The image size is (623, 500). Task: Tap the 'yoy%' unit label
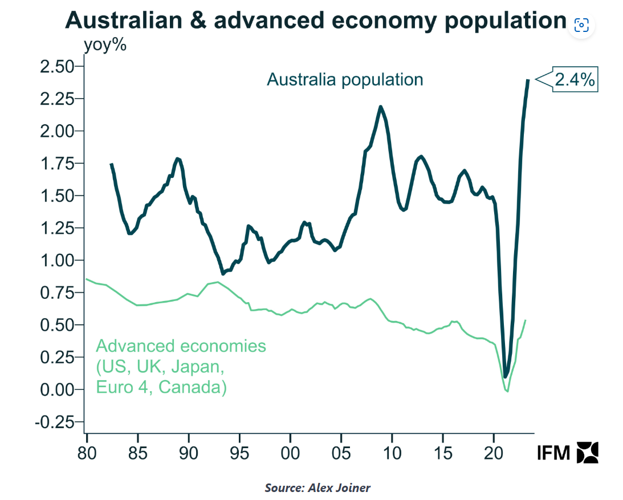(105, 45)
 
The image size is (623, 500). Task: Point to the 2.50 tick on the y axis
(58, 67)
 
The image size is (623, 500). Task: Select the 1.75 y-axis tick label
(58, 164)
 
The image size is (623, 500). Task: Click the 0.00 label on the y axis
(58, 390)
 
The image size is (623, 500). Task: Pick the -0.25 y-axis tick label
(56, 422)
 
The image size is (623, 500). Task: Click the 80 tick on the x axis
(87, 454)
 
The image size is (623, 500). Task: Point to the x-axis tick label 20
(494, 454)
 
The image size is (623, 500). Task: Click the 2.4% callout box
(575, 80)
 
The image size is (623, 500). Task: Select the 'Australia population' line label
(345, 79)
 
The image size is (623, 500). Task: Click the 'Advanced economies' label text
(181, 346)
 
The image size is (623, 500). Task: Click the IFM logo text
(553, 453)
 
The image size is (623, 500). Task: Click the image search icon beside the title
(581, 25)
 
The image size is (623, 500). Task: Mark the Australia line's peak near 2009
(380, 107)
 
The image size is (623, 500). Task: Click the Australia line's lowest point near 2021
(505, 377)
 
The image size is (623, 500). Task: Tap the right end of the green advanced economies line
(525, 320)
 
